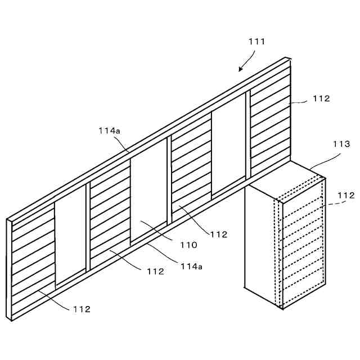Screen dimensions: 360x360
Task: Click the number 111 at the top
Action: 256,42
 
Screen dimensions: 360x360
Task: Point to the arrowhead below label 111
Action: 240,70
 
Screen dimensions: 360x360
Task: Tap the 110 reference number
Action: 189,245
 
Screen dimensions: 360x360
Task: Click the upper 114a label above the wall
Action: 109,130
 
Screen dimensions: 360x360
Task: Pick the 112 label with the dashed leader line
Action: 346,195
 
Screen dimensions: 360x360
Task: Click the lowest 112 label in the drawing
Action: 82,309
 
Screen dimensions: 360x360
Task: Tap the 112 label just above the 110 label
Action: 219,234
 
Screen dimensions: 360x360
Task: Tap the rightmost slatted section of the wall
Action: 270,124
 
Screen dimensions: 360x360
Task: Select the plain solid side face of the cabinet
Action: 262,242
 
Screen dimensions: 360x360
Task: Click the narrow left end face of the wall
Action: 9,270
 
